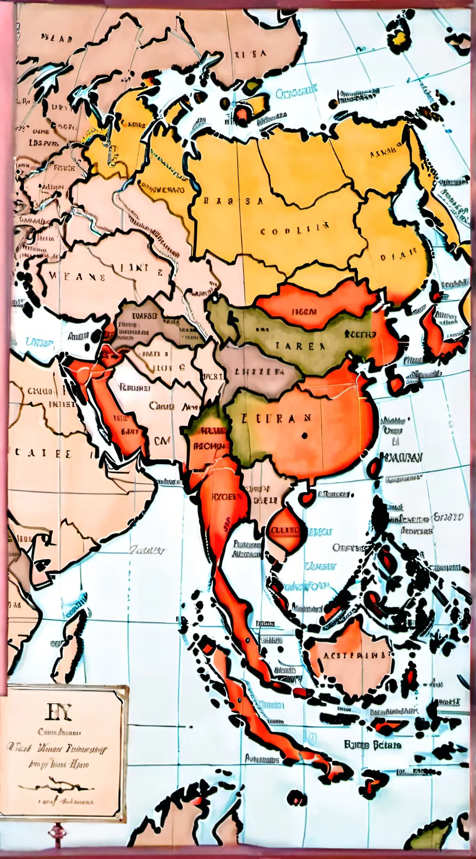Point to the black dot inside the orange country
304,436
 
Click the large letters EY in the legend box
59,712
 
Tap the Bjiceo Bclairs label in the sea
373,745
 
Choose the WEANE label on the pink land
77,278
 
